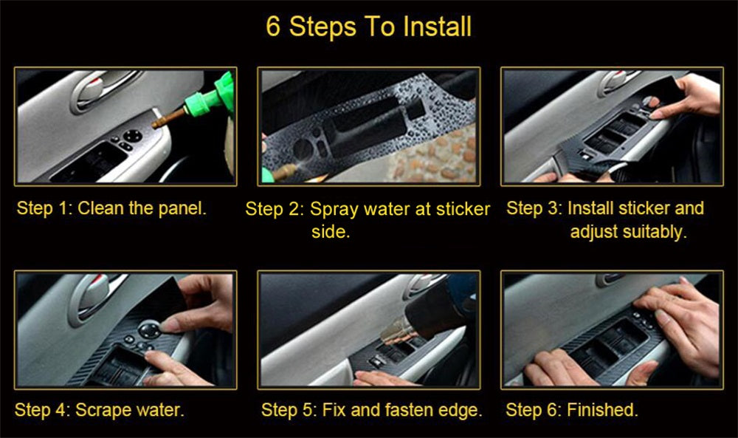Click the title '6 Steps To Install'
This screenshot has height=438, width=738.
click(368, 27)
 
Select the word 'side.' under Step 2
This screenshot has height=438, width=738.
click(329, 232)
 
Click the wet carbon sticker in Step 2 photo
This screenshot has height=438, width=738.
click(354, 129)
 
